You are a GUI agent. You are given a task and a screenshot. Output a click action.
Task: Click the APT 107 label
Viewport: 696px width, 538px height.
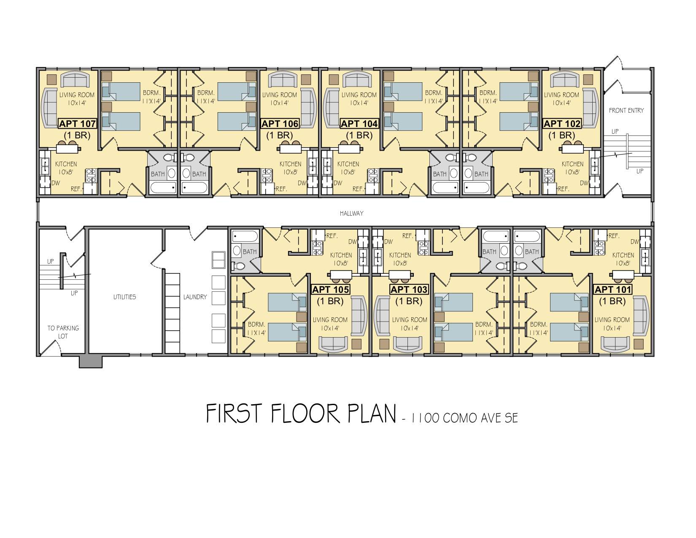[x=78, y=124]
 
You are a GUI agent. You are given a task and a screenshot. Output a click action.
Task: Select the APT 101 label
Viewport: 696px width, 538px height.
[x=613, y=289]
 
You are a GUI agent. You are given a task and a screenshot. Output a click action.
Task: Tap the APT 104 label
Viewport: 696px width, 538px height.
[x=359, y=124]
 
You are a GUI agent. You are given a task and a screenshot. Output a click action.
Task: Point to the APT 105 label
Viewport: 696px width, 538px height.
[x=331, y=289]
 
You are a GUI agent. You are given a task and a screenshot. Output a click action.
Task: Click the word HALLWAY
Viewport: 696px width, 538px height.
[x=351, y=214]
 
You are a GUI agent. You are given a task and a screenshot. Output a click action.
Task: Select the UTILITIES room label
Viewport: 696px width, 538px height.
[x=124, y=297]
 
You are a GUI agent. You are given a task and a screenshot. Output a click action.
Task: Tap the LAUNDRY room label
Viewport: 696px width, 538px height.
[x=195, y=297]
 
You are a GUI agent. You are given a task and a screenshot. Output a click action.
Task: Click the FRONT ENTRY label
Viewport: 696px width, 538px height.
[x=626, y=111]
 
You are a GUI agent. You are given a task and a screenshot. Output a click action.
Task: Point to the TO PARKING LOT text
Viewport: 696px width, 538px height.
[x=63, y=332]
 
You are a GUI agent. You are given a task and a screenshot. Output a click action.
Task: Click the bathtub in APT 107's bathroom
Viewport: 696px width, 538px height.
[x=163, y=188]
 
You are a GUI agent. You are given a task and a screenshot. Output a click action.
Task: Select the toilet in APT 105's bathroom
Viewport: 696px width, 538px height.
[x=239, y=266]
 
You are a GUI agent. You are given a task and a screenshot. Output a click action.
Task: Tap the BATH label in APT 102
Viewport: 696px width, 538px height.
[x=481, y=174]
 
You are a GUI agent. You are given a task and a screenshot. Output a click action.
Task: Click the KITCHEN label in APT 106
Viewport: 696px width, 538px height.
[x=290, y=164]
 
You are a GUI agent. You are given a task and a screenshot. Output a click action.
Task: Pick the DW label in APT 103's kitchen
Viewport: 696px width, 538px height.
[x=388, y=242]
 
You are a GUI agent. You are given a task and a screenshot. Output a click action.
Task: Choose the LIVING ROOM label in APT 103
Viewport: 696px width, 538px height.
[x=410, y=320]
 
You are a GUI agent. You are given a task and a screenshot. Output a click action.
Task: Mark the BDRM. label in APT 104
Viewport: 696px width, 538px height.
[x=434, y=93]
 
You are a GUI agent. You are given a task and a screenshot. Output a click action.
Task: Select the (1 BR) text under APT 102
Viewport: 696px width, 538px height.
[x=562, y=135]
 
